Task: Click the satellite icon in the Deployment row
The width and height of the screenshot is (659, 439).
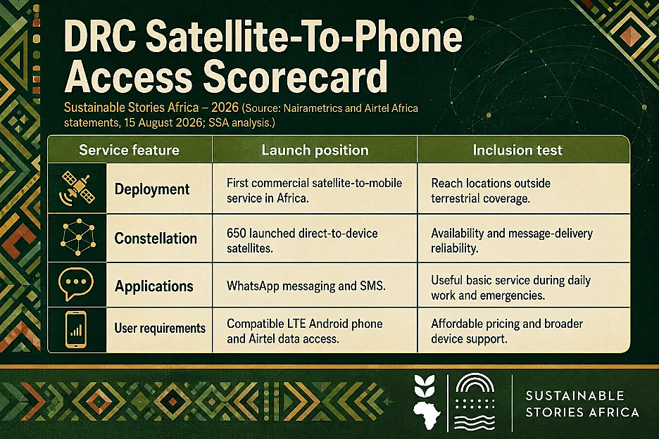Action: tap(77, 189)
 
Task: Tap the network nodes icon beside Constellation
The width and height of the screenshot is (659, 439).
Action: tap(77, 237)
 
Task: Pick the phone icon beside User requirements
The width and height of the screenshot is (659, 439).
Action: tap(76, 330)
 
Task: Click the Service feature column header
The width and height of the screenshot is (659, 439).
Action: tap(129, 150)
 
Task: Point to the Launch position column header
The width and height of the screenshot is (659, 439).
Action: tap(315, 150)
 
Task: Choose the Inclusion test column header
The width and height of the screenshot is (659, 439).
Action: tap(517, 150)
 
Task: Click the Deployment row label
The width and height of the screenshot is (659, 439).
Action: tap(152, 189)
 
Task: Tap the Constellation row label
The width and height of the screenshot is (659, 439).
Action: tap(156, 238)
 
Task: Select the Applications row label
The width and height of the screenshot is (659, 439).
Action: tap(153, 286)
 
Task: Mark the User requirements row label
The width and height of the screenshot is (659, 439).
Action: tap(160, 328)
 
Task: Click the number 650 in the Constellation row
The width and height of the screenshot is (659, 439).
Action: tap(236, 233)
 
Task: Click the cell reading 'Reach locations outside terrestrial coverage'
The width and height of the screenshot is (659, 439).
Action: tap(491, 191)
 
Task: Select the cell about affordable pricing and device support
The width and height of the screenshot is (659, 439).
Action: tap(507, 331)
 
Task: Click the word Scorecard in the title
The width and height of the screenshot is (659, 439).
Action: tap(296, 77)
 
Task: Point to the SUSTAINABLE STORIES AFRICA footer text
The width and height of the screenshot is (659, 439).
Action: tap(582, 404)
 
